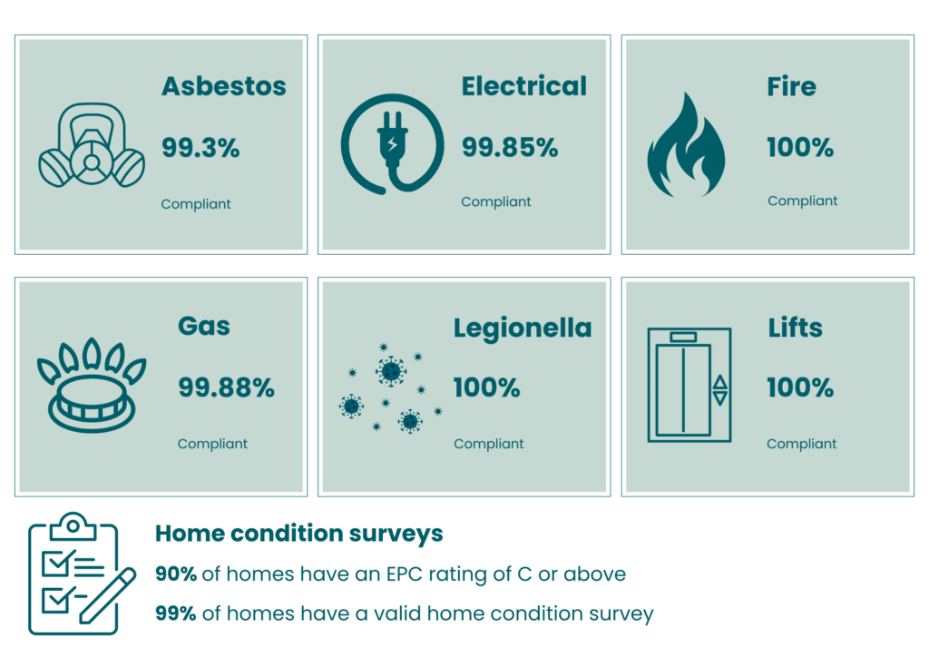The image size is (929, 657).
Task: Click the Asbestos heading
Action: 224,86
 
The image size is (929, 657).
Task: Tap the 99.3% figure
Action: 200,148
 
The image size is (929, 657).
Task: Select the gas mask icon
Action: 92,146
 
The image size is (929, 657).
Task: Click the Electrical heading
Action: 523,86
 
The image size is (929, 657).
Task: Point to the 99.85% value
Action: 510,148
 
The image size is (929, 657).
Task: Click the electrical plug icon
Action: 392,144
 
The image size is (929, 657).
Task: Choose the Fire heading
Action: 791,86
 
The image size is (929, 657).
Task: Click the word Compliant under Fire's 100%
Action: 802,201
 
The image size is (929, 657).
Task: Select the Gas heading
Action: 204,327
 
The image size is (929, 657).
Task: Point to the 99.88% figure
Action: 226,388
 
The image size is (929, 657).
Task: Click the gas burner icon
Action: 92,385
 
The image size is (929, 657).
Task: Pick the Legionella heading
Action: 523,328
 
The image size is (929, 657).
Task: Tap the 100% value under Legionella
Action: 486,388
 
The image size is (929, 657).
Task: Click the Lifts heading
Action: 795,328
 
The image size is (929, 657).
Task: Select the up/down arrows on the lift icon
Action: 719,390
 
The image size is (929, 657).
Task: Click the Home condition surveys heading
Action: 298,534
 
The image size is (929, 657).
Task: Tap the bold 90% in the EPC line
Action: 175,574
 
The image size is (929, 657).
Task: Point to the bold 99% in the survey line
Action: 175,613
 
